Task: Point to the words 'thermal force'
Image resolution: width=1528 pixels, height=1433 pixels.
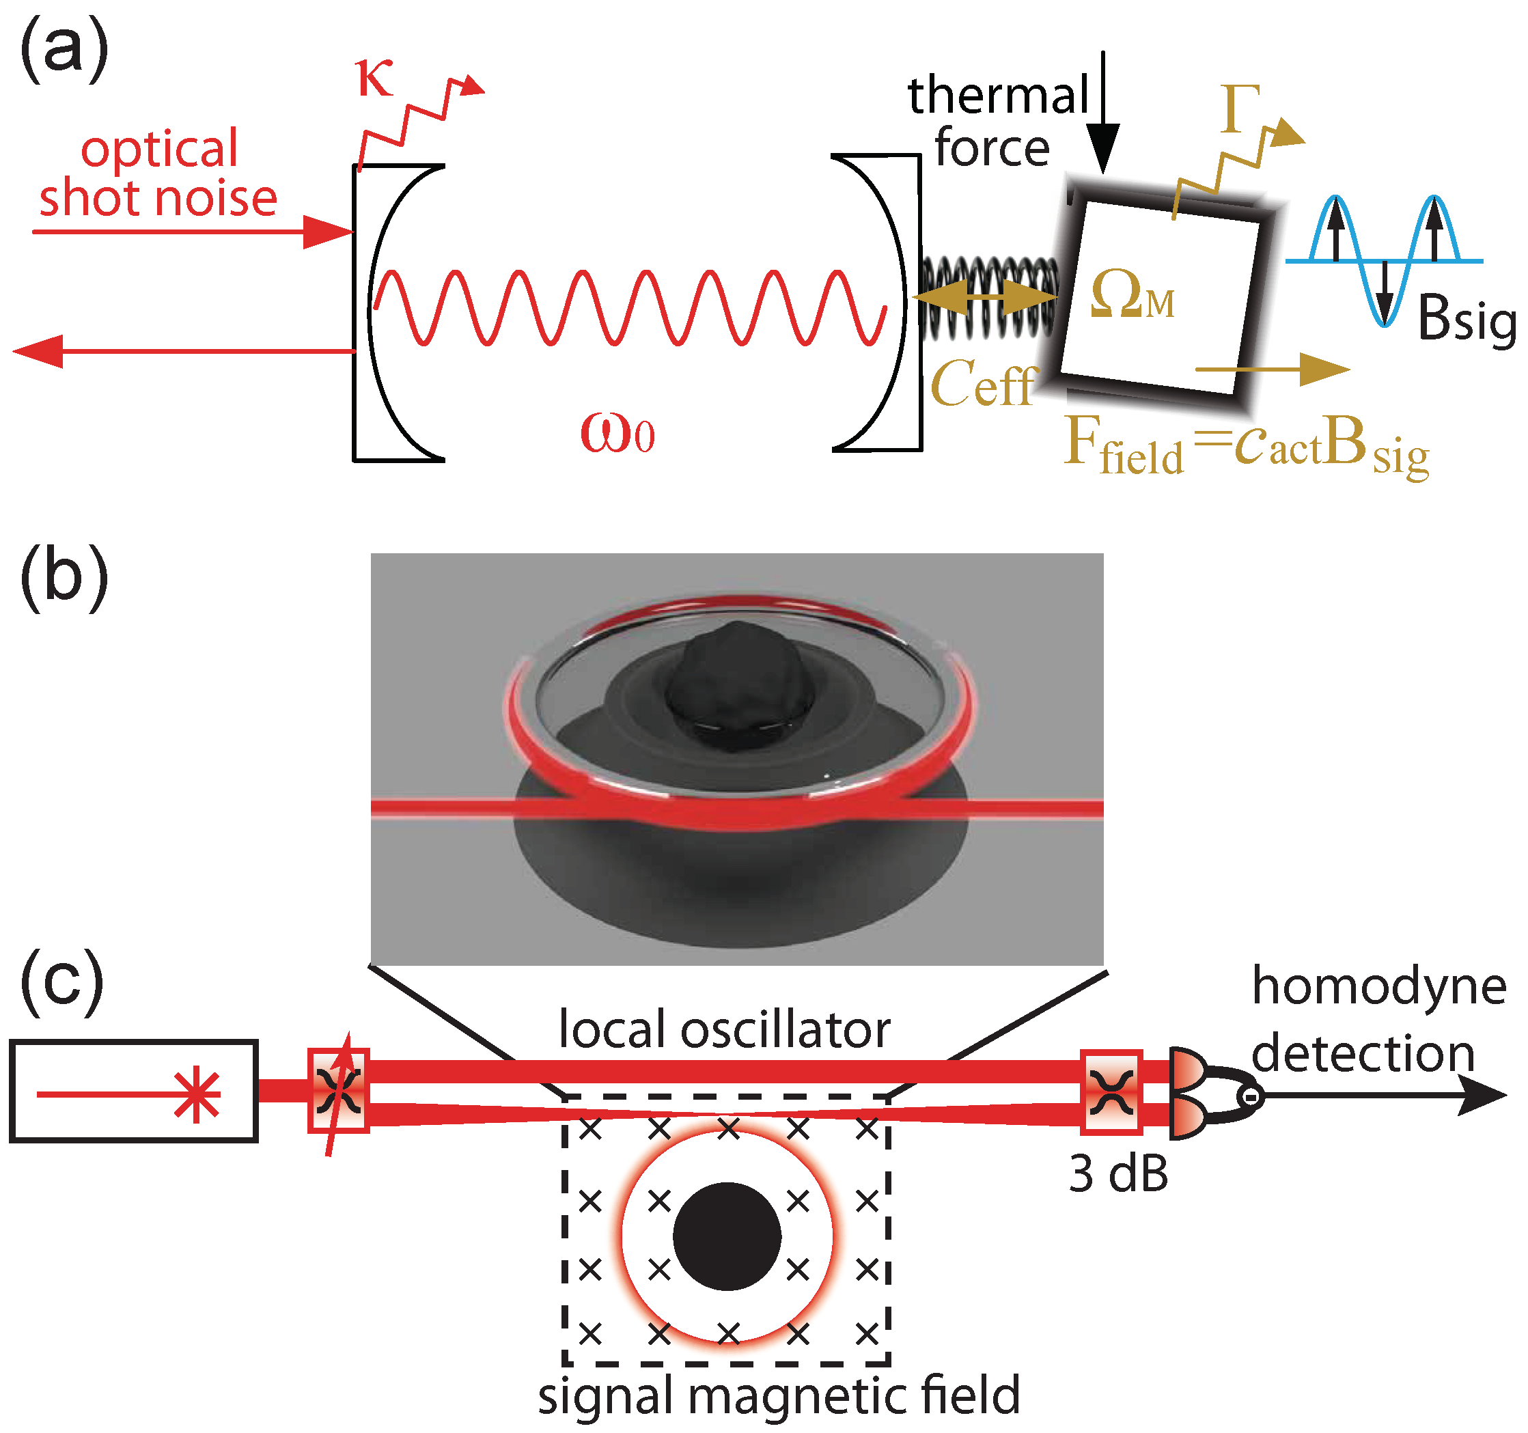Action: tap(997, 122)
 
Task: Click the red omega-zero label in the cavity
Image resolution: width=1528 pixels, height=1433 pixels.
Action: tap(617, 433)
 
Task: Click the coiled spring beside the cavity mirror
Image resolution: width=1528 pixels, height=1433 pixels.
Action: tap(988, 298)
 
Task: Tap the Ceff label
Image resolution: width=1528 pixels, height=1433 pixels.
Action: tap(983, 384)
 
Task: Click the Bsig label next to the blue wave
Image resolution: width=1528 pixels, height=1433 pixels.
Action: tap(1466, 318)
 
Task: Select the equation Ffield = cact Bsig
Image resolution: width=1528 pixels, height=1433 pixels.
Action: tap(1246, 447)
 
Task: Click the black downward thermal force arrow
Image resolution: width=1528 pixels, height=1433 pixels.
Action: tap(1103, 115)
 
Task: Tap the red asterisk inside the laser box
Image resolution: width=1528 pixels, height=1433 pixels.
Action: tap(197, 1094)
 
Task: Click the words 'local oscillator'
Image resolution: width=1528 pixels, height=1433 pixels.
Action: tap(723, 1029)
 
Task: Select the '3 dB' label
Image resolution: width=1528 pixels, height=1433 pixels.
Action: tap(1118, 1174)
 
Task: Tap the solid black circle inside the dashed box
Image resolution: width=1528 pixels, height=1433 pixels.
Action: tap(727, 1236)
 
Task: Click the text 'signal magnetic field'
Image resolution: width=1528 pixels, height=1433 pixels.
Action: tap(778, 1395)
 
